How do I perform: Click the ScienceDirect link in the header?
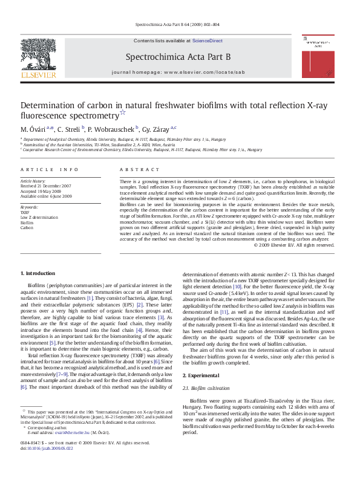coord(207,41)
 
